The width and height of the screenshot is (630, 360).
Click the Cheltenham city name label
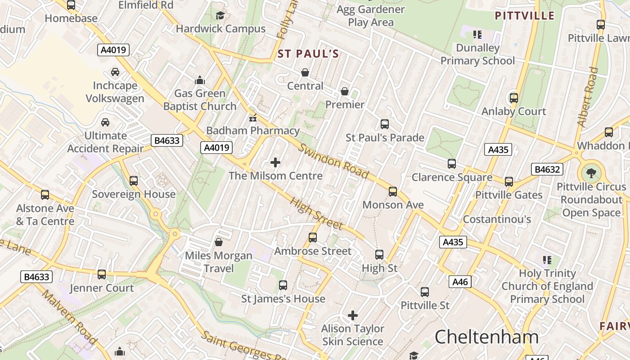click(x=486, y=337)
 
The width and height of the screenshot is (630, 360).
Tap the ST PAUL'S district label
click(x=308, y=54)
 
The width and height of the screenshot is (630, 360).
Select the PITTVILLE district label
click(x=524, y=16)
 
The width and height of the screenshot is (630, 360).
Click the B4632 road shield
click(x=547, y=169)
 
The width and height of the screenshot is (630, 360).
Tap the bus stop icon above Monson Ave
click(x=393, y=192)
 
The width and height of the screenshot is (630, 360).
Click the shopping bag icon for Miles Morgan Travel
click(x=219, y=243)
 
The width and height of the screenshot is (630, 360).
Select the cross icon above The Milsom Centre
click(x=275, y=162)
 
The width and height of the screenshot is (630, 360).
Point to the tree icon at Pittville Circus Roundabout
click(x=589, y=173)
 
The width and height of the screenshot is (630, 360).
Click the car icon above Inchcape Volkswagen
click(x=115, y=72)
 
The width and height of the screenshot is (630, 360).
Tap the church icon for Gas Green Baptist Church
click(x=200, y=81)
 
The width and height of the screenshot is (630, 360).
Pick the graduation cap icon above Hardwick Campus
click(x=220, y=16)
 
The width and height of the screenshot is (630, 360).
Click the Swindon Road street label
click(x=333, y=161)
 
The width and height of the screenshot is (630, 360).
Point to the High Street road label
click(x=317, y=214)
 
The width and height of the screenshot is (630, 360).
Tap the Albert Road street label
click(x=588, y=96)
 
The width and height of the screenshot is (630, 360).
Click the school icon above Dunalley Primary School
click(x=477, y=35)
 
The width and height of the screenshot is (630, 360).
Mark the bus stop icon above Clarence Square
click(x=452, y=164)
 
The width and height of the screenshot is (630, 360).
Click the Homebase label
click(x=71, y=18)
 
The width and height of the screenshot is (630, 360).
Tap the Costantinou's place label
click(x=497, y=219)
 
